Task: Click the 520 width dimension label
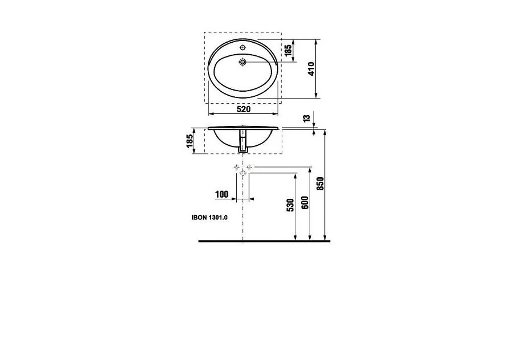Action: (x=244, y=109)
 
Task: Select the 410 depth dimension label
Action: (x=311, y=69)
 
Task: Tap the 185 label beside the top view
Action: (x=288, y=51)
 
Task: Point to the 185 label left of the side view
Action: (x=190, y=141)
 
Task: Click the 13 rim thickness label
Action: (x=306, y=118)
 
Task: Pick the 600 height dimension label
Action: (x=305, y=203)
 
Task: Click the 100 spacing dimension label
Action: (x=221, y=194)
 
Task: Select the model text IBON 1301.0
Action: (x=209, y=217)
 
